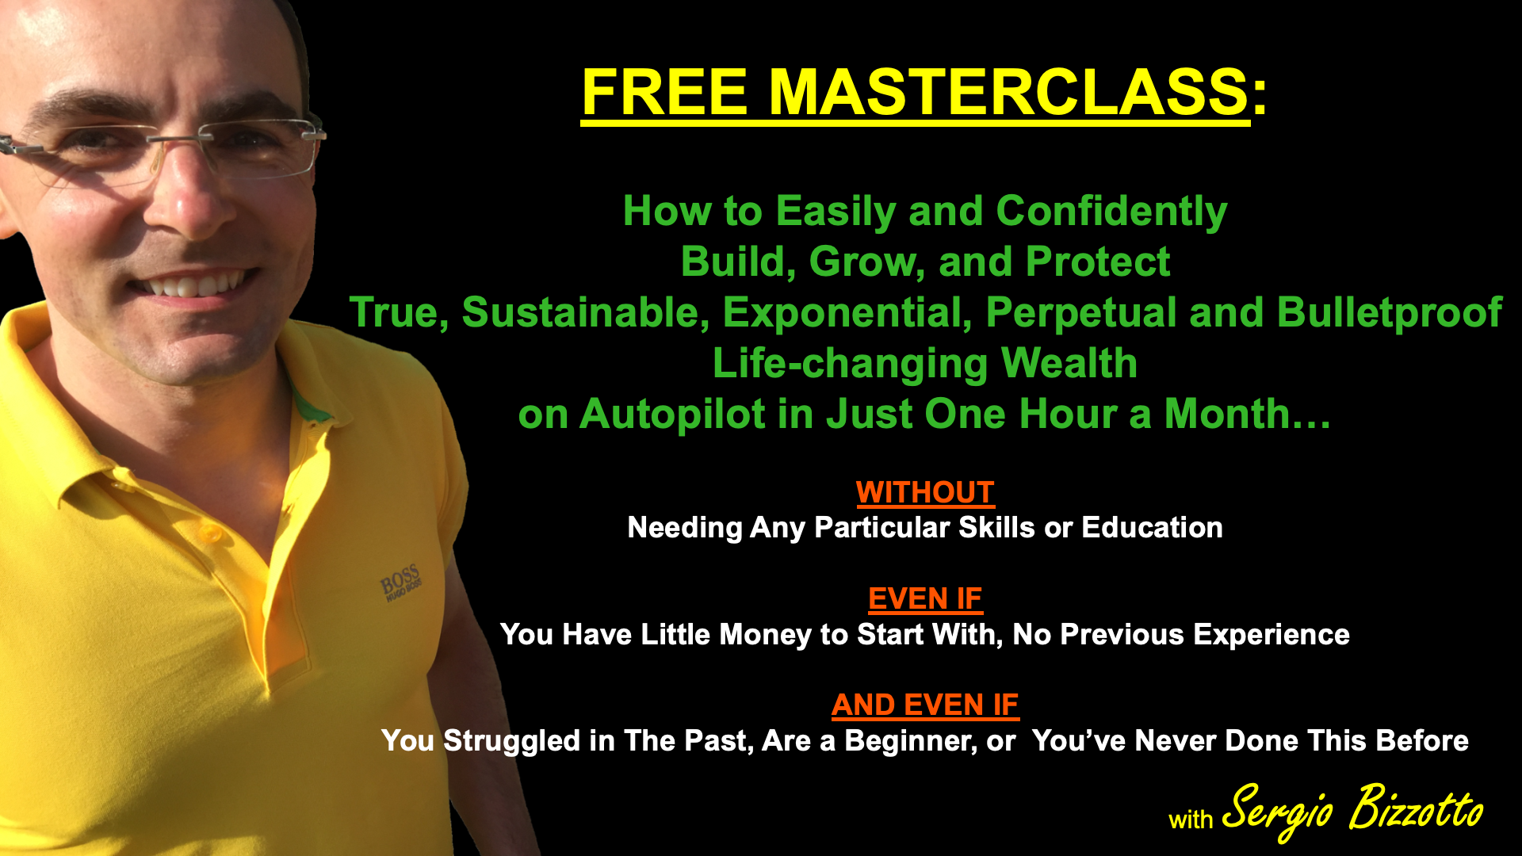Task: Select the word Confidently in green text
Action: point(1111,212)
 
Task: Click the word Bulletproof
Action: point(1389,312)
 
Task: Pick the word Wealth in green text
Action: point(1069,363)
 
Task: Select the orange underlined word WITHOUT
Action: point(925,492)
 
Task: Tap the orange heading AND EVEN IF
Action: point(925,705)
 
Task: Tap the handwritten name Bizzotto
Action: point(1416,808)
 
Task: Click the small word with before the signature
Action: point(1191,820)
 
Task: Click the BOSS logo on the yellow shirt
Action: point(401,583)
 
